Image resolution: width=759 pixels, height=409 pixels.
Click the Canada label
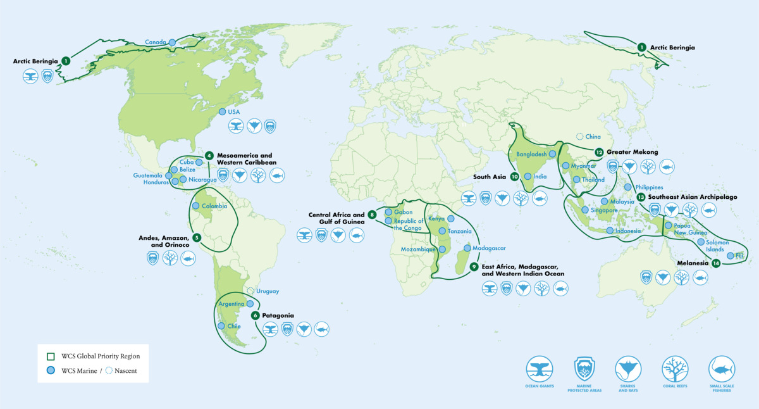(x=155, y=42)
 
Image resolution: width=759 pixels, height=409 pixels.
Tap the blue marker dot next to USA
(x=222, y=111)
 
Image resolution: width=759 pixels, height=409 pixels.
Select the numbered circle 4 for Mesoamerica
(x=209, y=156)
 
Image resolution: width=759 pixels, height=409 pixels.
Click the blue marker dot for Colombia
(x=195, y=206)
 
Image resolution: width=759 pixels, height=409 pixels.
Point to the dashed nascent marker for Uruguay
(x=250, y=291)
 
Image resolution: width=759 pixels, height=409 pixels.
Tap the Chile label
(x=233, y=326)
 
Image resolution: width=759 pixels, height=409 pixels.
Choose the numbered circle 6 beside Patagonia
(x=255, y=315)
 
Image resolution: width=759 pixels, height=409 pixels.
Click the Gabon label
(x=403, y=212)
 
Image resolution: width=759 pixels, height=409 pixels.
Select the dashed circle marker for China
(x=579, y=136)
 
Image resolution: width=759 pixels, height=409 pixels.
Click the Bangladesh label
(x=531, y=154)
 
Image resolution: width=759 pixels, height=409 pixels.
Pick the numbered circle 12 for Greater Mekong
(x=598, y=152)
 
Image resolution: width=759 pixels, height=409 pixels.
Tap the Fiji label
(x=739, y=256)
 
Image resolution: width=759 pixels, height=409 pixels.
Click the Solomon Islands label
(x=718, y=246)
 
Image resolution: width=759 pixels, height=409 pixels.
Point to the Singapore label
(x=603, y=210)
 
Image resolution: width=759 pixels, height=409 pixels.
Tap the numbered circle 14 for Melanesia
(x=715, y=263)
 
